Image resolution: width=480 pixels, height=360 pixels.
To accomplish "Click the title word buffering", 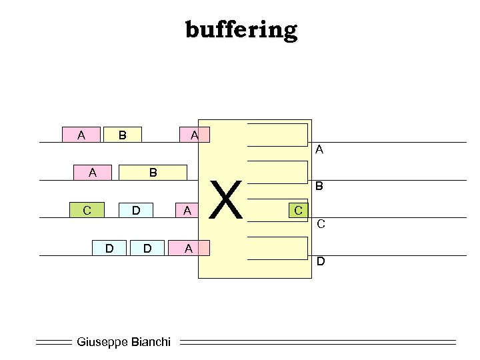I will (x=241, y=29).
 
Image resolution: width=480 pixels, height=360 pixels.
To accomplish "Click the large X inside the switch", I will (x=229, y=200).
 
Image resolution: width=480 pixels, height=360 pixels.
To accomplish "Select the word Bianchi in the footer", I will (x=150, y=342).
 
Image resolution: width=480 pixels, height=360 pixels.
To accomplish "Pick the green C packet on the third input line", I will (x=87, y=210).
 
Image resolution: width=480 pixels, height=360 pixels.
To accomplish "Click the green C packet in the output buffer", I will (x=299, y=210).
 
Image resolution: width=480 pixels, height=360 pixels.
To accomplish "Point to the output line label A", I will (x=319, y=150).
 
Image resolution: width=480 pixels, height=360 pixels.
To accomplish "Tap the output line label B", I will (x=319, y=187).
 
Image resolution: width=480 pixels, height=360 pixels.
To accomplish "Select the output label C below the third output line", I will (x=321, y=224).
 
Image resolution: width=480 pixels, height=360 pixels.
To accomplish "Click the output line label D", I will (x=321, y=261).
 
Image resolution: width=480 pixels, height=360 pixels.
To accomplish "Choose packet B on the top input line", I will (x=122, y=135).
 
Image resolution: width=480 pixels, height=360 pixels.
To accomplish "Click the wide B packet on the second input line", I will (x=153, y=173).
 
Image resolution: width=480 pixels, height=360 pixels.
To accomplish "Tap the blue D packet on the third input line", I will (x=135, y=210).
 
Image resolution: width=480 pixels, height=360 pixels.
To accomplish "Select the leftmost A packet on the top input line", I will (x=81, y=135).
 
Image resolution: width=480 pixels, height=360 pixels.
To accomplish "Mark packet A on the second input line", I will (x=93, y=173).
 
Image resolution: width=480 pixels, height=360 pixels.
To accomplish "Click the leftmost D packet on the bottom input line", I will (x=109, y=248).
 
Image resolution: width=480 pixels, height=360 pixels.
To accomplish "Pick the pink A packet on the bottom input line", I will (x=189, y=248).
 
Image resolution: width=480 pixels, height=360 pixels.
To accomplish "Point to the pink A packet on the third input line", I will (x=187, y=210).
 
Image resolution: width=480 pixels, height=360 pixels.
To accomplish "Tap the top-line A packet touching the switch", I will (x=193, y=135).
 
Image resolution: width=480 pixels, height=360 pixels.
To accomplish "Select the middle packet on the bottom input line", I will (x=147, y=248).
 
